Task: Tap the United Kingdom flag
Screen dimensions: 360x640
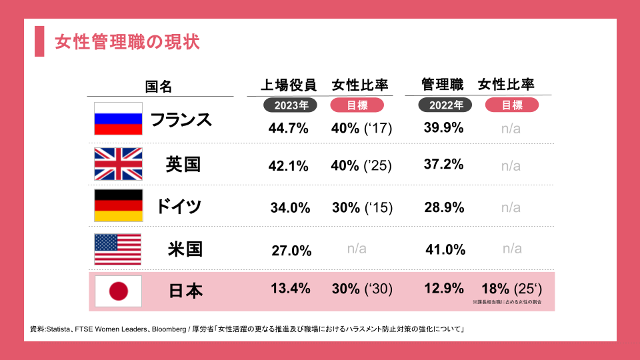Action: coord(118,164)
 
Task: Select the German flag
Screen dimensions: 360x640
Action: coord(118,205)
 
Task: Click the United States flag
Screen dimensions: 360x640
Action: coord(118,249)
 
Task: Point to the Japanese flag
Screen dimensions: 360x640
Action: coord(118,291)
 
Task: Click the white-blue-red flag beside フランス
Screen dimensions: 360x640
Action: coord(118,119)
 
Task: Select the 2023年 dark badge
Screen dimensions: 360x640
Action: coord(291,105)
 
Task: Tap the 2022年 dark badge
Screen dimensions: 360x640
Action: coord(445,105)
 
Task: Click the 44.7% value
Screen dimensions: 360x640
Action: coord(288,128)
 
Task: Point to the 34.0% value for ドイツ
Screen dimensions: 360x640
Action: coord(291,208)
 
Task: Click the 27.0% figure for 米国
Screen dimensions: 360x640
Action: coord(291,251)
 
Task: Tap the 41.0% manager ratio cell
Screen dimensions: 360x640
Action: coord(445,249)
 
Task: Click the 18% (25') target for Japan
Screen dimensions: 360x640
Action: coord(511,288)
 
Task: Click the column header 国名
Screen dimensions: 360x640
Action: coord(159,87)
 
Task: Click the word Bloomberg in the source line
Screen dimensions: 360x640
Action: coord(169,329)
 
